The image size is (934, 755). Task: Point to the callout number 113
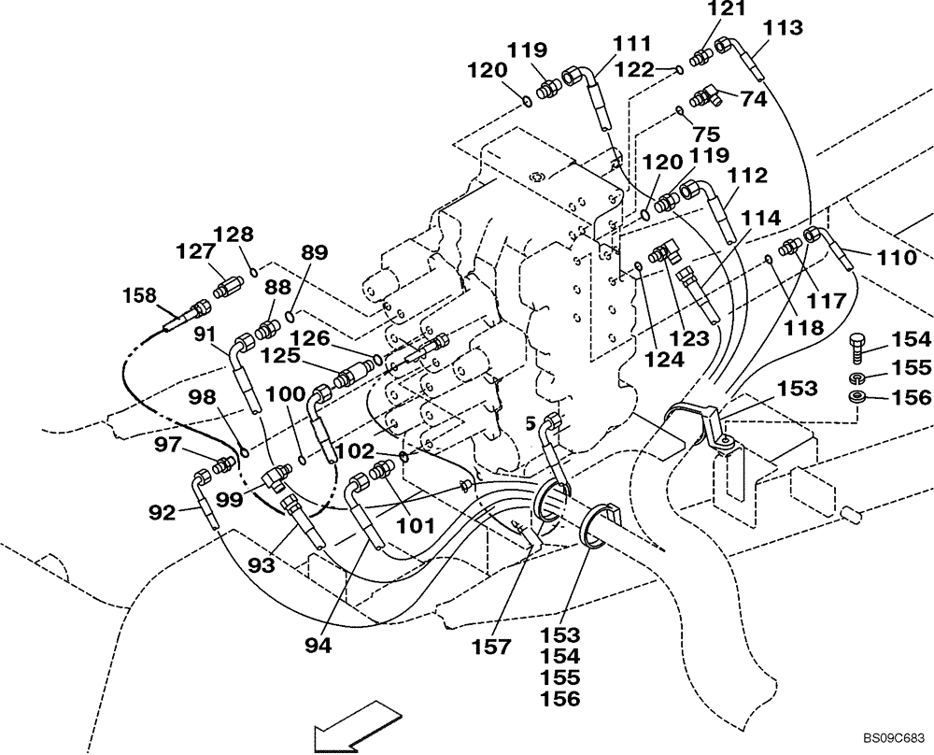coord(782,28)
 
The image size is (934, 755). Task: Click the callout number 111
coord(631,44)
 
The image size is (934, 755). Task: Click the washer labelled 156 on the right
coord(856,398)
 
